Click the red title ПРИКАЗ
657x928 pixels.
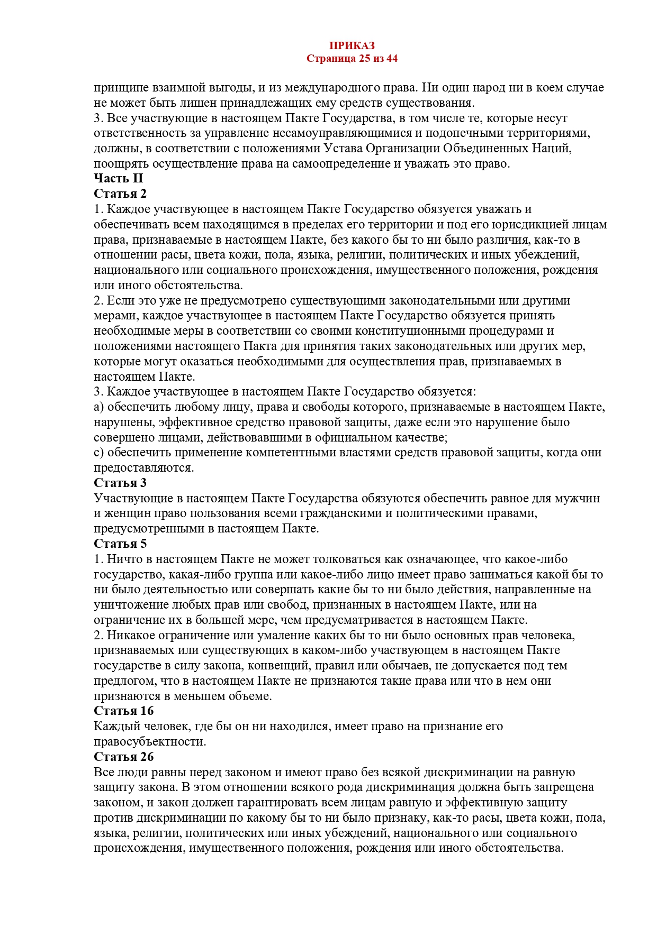pyautogui.click(x=352, y=46)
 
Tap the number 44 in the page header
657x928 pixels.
pyautogui.click(x=392, y=58)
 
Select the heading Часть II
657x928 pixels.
pyautogui.click(x=119, y=178)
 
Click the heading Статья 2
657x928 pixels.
pyautogui.click(x=120, y=194)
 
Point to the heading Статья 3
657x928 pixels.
pyautogui.click(x=120, y=483)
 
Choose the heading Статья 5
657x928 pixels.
pyautogui.click(x=120, y=544)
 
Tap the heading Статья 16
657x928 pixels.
pyautogui.click(x=124, y=711)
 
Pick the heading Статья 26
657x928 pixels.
pyautogui.click(x=124, y=757)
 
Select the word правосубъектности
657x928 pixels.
pyautogui.click(x=150, y=741)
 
